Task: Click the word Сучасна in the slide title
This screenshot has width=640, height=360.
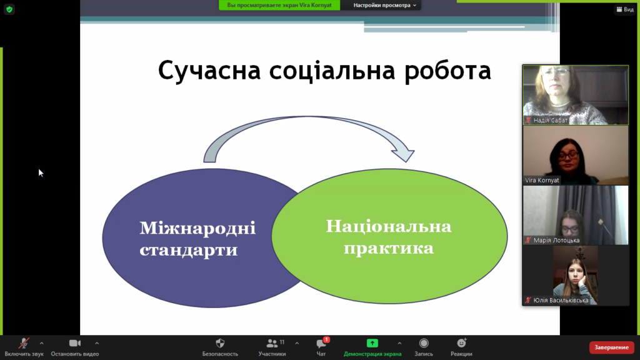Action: (209, 71)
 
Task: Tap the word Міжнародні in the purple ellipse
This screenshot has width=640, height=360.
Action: (197, 228)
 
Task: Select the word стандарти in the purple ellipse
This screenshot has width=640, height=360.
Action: (189, 250)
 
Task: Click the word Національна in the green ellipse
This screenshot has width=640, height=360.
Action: (389, 226)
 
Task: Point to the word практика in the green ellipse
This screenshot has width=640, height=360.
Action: (389, 248)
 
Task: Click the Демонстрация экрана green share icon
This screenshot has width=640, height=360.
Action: (372, 343)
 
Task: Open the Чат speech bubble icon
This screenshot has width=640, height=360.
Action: (321, 344)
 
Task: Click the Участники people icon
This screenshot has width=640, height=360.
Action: (272, 343)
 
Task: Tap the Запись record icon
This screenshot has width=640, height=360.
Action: (424, 343)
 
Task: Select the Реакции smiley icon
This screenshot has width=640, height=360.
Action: (461, 343)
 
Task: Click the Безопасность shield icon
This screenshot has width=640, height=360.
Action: (220, 343)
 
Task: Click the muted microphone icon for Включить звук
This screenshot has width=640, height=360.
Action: (24, 343)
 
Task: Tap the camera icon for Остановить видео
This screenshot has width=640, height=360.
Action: (75, 343)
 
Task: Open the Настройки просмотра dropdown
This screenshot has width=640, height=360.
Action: (384, 5)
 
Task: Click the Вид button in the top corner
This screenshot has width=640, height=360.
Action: (625, 9)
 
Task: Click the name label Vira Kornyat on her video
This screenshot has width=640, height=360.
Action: (542, 180)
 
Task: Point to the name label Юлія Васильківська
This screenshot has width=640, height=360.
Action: (561, 301)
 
